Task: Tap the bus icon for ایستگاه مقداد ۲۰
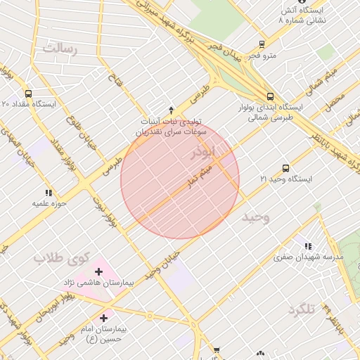[x=28, y=93]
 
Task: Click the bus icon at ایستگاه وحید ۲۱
[x=285, y=168]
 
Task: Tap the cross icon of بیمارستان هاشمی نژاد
[x=98, y=271]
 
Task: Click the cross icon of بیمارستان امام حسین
[x=104, y=319]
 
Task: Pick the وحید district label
[x=255, y=217]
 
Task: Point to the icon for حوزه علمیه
[x=49, y=193]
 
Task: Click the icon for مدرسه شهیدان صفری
[x=308, y=246]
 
